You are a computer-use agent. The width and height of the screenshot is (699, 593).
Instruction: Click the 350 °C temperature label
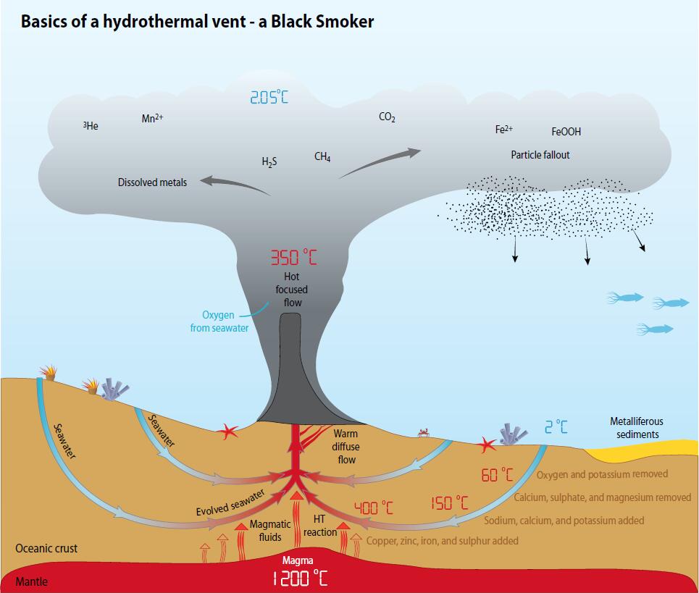coord(293,257)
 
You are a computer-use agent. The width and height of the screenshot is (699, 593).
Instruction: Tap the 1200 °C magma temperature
coord(300,578)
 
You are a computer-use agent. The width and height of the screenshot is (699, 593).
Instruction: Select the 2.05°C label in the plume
coord(269,97)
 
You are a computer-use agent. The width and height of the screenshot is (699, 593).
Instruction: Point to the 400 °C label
coord(373,508)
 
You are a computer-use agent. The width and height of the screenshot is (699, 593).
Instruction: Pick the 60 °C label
coord(497,475)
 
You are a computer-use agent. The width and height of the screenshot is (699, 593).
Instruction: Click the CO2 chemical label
coord(387,117)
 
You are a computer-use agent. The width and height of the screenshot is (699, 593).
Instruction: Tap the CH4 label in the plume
coord(322,156)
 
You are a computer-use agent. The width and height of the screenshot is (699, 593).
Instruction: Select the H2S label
coord(269,161)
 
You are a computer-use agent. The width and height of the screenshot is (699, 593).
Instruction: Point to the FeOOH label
coord(566,132)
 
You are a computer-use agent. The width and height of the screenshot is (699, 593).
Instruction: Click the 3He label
coord(91,126)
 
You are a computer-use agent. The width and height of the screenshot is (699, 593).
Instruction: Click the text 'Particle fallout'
coord(540,155)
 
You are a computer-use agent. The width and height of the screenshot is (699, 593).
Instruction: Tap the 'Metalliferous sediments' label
coord(637,427)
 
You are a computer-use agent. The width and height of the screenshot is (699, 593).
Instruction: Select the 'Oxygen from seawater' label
coord(219,321)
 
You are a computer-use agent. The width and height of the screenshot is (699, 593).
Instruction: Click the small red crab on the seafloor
coord(424,433)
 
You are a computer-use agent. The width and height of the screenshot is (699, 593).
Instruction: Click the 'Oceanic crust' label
coord(46,548)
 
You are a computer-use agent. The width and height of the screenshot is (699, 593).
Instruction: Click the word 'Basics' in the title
coord(44,21)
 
